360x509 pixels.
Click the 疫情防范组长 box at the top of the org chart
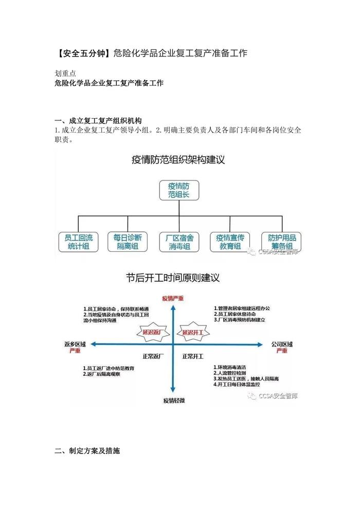pos(178,190)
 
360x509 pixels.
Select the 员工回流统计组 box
pos(79,241)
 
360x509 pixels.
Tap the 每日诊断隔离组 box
pos(128,241)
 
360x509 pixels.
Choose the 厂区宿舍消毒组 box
pos(179,241)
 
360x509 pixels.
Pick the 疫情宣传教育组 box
pos(229,241)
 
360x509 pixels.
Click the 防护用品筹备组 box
pos(281,241)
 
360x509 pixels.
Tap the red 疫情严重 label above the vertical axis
pos(173,298)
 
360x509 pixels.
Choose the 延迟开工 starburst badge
pos(194,332)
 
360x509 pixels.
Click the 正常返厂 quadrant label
pos(153,356)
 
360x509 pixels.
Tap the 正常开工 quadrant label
pos(193,356)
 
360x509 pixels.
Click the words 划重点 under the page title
pos(65,73)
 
